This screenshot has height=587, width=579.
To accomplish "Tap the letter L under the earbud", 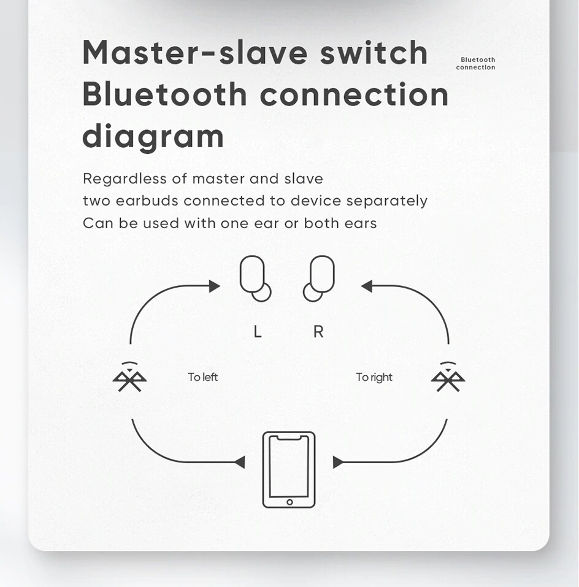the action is [x=258, y=332].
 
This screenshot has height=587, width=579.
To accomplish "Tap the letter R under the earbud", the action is [x=318, y=332].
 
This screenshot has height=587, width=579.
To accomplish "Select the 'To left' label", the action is [x=202, y=377].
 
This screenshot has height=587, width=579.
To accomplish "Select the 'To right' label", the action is [x=374, y=377].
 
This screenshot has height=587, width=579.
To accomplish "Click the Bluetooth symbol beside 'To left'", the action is [x=129, y=377].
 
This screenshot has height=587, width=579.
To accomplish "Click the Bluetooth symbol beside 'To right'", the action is [x=448, y=377].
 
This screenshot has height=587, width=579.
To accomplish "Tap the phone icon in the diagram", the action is [x=289, y=469].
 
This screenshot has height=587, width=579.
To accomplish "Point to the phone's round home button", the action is [x=289, y=502].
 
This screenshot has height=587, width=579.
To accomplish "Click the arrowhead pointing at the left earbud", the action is [x=215, y=286].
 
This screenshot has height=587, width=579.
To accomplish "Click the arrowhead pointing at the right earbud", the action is [x=366, y=286].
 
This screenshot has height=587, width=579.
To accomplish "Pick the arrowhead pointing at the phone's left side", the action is [x=240, y=462].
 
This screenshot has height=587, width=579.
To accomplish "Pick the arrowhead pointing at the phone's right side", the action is [x=339, y=462].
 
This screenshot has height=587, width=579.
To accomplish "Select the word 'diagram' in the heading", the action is [x=153, y=137].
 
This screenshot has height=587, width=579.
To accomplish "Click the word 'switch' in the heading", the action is [x=374, y=52].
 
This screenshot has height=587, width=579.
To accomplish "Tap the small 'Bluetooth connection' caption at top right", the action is [x=476, y=64].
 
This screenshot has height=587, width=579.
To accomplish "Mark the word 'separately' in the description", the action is [x=386, y=201].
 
